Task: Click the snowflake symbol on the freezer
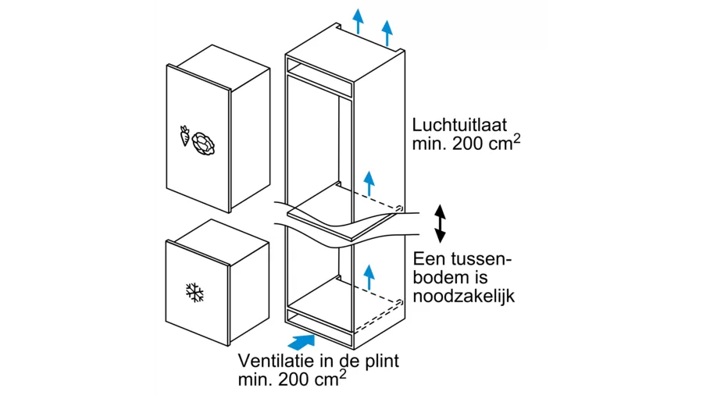pyautogui.click(x=194, y=293)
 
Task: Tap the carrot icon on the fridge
pyautogui.click(x=184, y=135)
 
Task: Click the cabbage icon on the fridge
pyautogui.click(x=203, y=144)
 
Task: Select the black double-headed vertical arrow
pyautogui.click(x=440, y=223)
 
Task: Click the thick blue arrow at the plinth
pyautogui.click(x=301, y=342)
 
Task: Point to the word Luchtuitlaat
pyautogui.click(x=459, y=125)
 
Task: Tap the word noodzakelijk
pyautogui.click(x=464, y=296)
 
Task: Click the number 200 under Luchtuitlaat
pyautogui.click(x=468, y=144)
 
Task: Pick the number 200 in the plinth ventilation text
pyautogui.click(x=294, y=379)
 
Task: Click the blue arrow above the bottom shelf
pyautogui.click(x=369, y=277)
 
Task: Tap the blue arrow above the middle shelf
pyautogui.click(x=369, y=183)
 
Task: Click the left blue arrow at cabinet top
pyautogui.click(x=358, y=21)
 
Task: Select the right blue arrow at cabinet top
pyautogui.click(x=387, y=33)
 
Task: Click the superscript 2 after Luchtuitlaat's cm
pyautogui.click(x=517, y=139)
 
